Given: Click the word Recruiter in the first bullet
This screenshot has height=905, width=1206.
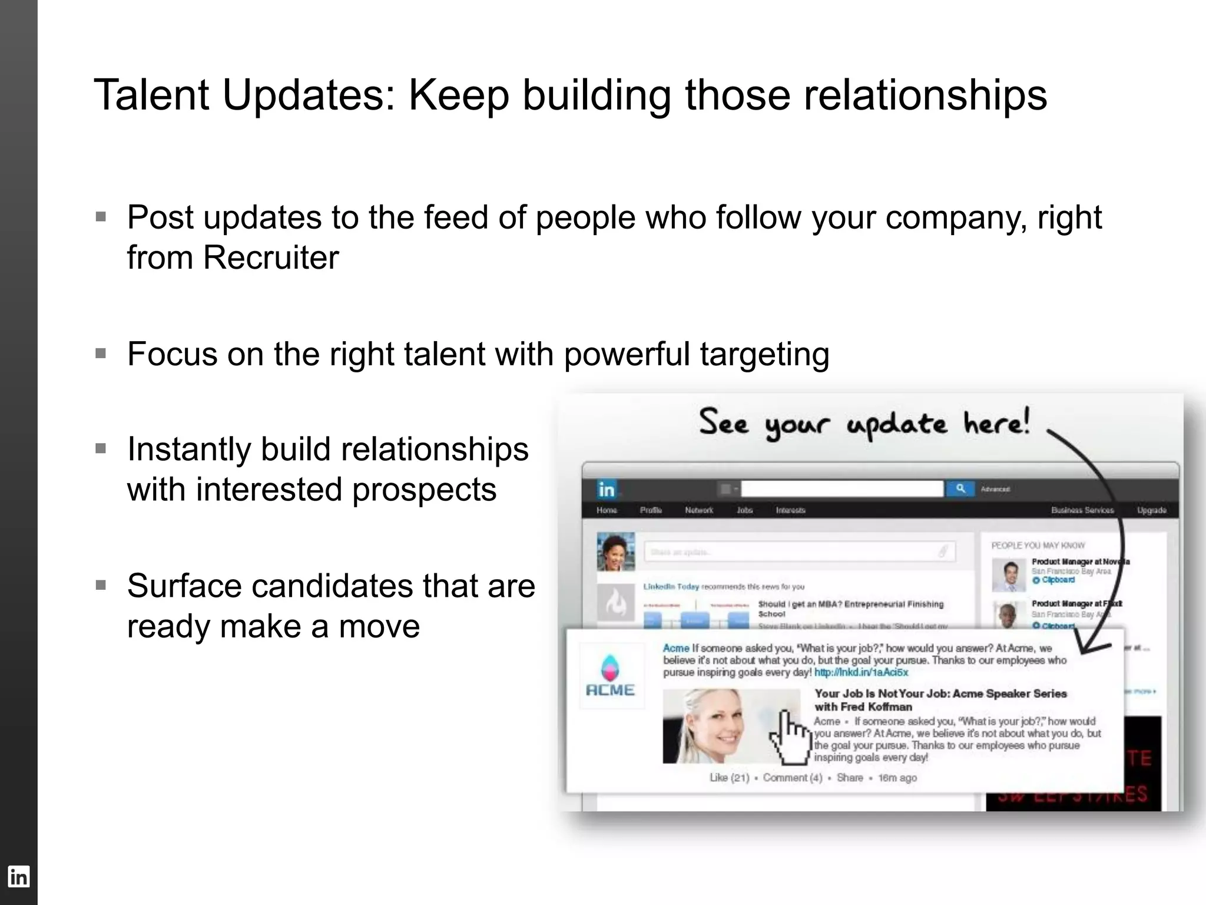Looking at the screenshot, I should (x=271, y=257).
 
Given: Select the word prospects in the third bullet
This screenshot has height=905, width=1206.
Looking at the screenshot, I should (x=424, y=490).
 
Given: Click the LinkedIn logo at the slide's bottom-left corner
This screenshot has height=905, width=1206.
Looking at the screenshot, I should (x=18, y=877).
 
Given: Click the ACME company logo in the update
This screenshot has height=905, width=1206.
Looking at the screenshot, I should (x=610, y=676).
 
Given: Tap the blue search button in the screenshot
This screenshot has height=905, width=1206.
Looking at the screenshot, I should (x=960, y=489).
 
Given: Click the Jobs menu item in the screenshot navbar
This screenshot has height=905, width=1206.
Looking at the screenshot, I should (x=744, y=510).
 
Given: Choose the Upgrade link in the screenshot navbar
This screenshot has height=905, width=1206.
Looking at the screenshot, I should (x=1151, y=510).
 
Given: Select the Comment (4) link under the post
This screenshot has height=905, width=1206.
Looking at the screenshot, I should (x=792, y=778).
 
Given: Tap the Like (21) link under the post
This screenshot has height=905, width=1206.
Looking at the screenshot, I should (x=729, y=778).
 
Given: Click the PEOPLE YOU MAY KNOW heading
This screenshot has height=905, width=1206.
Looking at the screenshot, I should (x=1038, y=546).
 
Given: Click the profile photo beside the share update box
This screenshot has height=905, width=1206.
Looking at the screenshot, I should (x=616, y=551).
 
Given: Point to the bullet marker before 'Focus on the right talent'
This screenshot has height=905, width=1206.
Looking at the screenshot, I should (x=101, y=354).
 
